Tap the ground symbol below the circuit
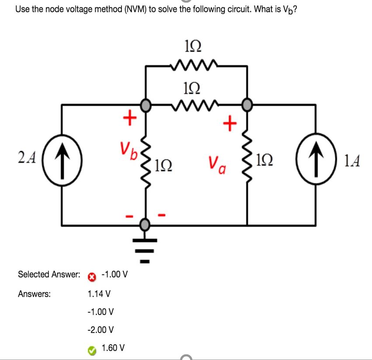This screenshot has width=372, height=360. pos(146,249)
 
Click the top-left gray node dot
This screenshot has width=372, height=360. pos(146,105)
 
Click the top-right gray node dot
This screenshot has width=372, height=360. pos(247,105)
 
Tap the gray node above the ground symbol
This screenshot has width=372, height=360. pos(146,225)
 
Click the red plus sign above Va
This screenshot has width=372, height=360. pos(229,124)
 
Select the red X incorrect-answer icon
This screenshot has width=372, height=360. pos(92,277)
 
